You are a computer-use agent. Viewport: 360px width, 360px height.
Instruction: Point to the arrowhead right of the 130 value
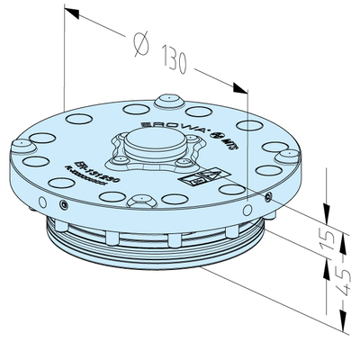[237, 88]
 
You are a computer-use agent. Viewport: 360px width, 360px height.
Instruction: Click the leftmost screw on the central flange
[114, 158]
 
